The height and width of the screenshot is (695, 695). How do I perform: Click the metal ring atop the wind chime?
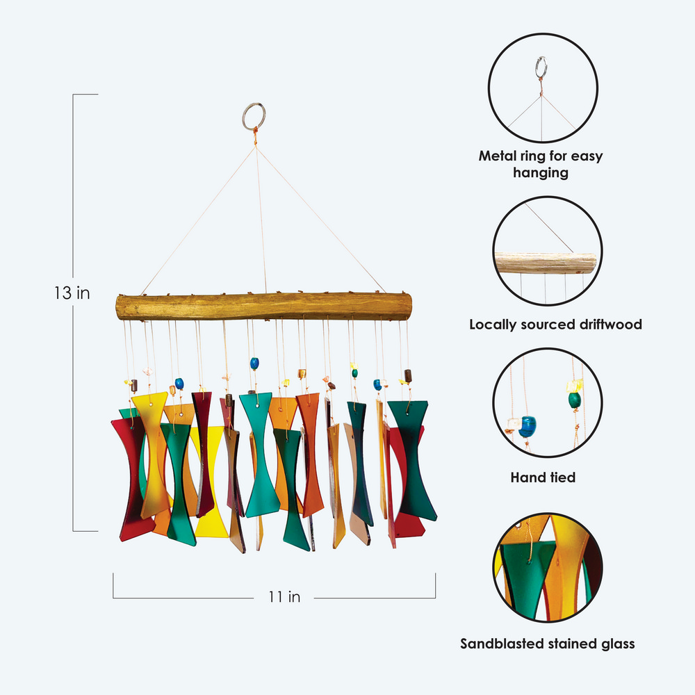tap(254, 115)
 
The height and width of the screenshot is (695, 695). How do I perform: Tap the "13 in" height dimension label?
tap(72, 293)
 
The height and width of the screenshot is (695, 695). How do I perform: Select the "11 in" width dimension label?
tap(284, 596)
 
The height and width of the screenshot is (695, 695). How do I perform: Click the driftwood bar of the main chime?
tap(263, 306)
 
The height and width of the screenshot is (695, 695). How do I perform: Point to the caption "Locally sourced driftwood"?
tap(555, 324)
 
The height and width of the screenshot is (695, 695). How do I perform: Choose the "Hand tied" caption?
tap(543, 477)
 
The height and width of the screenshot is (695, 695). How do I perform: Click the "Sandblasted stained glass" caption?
tap(548, 644)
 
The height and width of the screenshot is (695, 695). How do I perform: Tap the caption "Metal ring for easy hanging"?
tap(541, 164)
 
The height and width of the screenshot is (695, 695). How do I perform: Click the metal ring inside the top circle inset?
tap(541, 67)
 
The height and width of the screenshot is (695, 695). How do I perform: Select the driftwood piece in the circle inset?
tap(546, 263)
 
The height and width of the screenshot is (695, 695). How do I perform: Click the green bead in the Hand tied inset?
tap(574, 400)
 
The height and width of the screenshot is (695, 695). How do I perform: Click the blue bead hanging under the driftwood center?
tap(254, 363)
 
